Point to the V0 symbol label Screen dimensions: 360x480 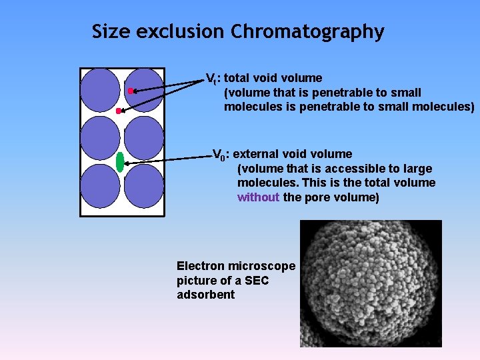(x=219, y=155)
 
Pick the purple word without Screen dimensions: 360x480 (x=258, y=197)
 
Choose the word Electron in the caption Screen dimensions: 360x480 (x=203, y=266)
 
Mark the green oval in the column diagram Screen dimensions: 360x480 (x=120, y=162)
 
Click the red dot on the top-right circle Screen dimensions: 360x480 (x=131, y=90)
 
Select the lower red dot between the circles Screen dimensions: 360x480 (x=119, y=111)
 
